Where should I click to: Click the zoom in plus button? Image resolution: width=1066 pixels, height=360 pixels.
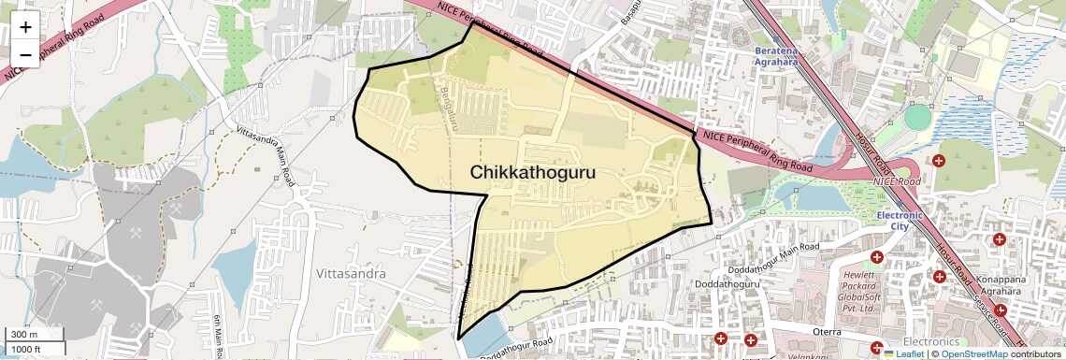point(25,28)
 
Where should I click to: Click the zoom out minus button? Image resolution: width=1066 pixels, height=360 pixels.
point(25,54)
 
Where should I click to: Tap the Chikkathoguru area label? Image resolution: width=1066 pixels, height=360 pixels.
point(532,173)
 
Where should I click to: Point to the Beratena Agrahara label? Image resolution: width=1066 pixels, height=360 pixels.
point(776,55)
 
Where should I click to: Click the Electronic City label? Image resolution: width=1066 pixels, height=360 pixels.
point(899,221)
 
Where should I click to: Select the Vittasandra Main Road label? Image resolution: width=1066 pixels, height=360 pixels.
point(266,155)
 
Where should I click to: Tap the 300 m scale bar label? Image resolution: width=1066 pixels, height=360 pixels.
point(25,335)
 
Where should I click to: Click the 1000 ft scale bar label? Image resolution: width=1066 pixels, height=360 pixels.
point(25,349)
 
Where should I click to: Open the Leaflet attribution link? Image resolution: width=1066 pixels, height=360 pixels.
point(904,354)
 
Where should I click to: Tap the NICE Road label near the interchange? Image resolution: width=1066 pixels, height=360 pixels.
point(896,180)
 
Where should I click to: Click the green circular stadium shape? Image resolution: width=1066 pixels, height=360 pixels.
point(919,118)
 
